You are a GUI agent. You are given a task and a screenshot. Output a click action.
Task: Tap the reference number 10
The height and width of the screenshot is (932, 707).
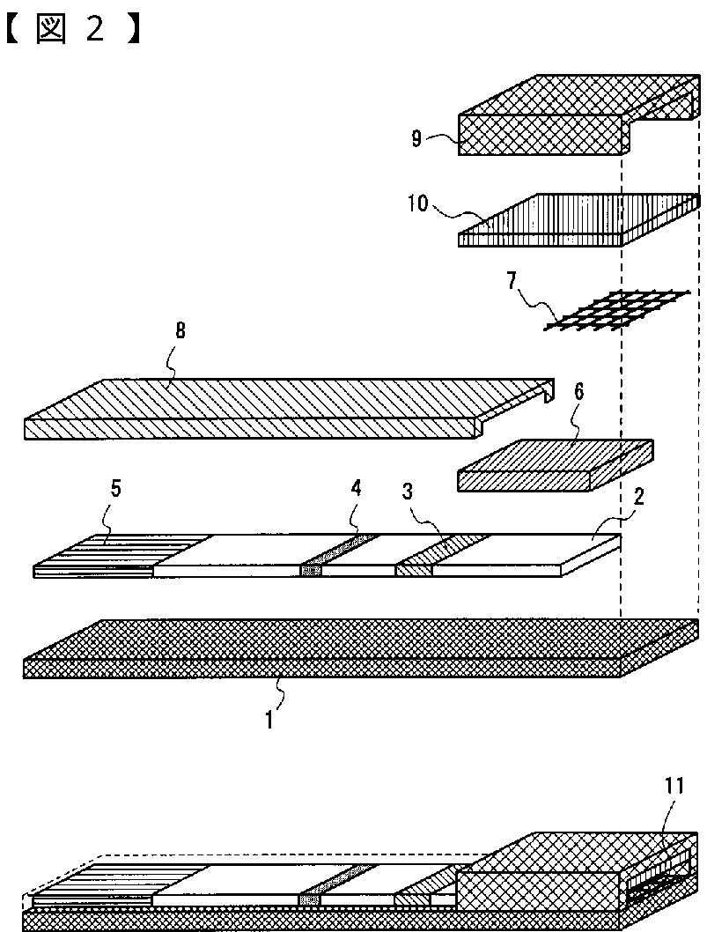(417, 204)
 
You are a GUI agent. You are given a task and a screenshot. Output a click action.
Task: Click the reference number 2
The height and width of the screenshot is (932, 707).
(640, 495)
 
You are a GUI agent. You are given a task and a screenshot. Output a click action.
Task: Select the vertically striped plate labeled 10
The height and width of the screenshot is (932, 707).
(572, 220)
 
